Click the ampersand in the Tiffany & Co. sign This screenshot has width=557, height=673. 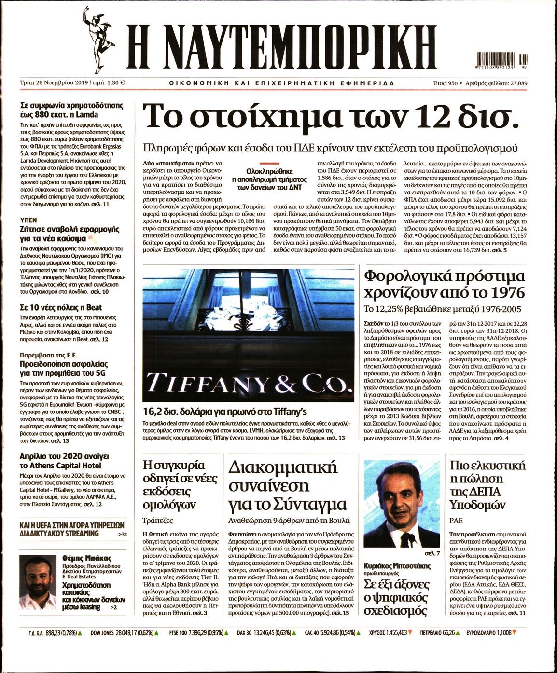tap(289, 384)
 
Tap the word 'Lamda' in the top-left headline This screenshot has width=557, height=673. tap(87, 115)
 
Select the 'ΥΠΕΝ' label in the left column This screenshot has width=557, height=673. tap(28, 219)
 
